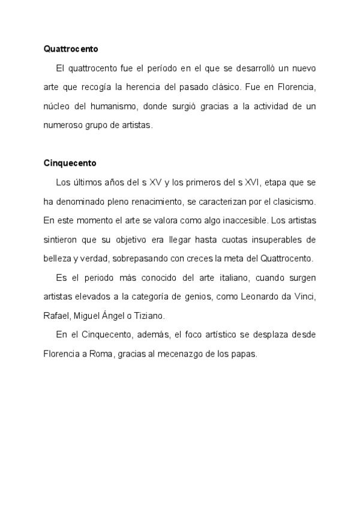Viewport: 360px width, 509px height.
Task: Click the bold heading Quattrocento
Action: pyautogui.click(x=71, y=48)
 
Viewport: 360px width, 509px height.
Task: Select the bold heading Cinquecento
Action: pyautogui.click(x=70, y=163)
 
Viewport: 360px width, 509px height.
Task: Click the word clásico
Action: pyautogui.click(x=221, y=87)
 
